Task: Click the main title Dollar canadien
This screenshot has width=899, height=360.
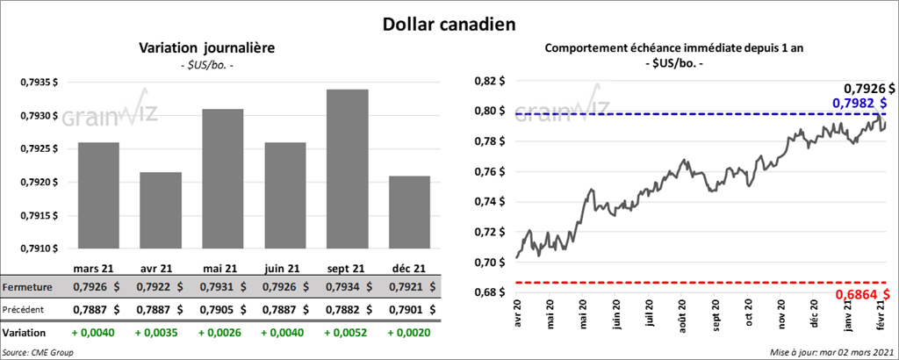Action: (449, 23)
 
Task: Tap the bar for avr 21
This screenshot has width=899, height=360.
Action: (160, 210)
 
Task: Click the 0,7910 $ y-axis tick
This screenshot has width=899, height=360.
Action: (38, 248)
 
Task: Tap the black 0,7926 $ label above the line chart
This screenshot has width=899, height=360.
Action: (868, 88)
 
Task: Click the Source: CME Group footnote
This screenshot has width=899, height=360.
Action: (37, 352)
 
